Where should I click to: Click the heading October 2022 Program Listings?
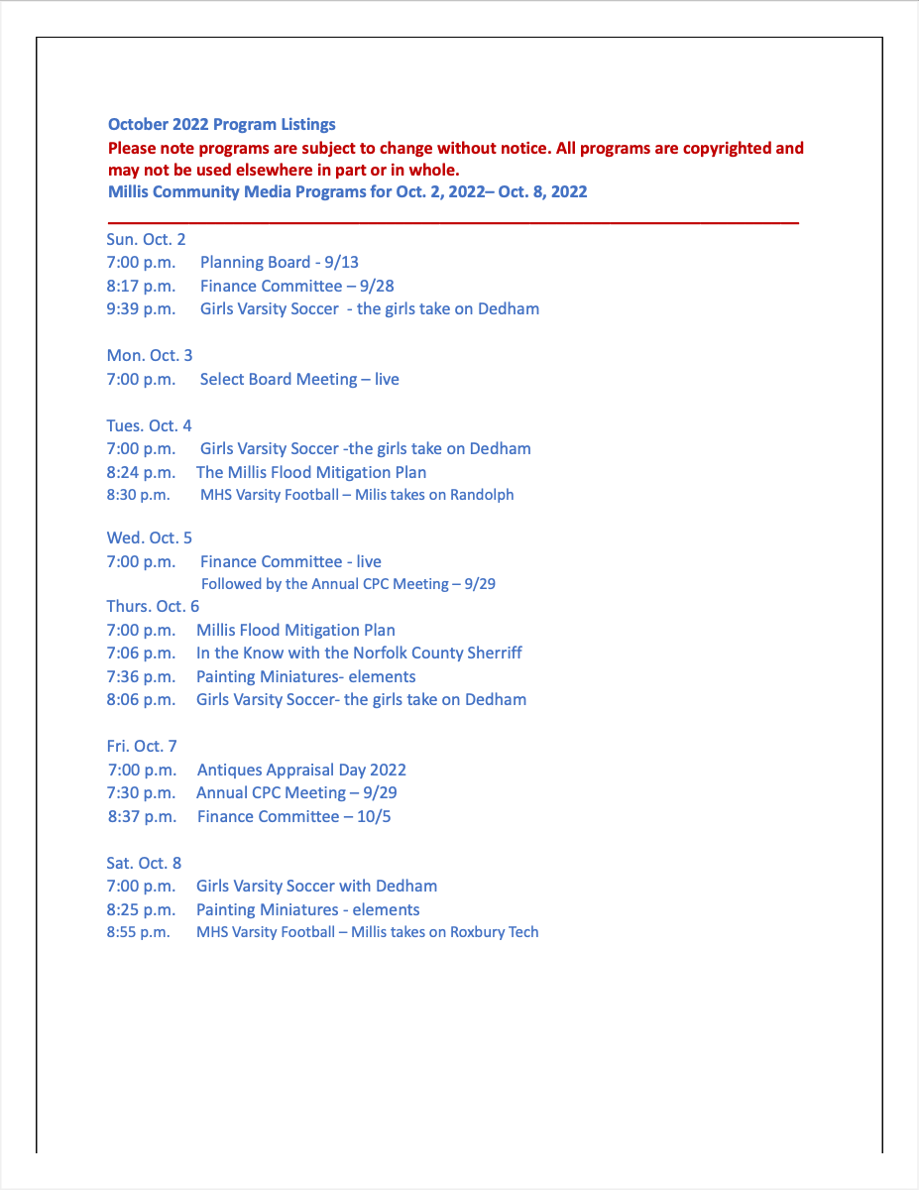click(221, 125)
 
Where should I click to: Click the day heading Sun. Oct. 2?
click(146, 239)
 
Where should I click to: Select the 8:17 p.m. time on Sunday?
click(141, 286)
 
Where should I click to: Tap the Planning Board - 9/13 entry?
click(279, 263)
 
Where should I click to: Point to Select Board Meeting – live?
click(299, 379)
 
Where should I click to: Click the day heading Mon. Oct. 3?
click(150, 355)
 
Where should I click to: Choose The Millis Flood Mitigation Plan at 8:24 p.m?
click(311, 473)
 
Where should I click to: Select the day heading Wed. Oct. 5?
click(150, 537)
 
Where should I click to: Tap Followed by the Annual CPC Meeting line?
click(348, 584)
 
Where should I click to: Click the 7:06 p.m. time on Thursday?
click(141, 654)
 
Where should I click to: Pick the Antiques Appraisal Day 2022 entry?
click(301, 770)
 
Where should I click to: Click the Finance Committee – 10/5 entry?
click(282, 817)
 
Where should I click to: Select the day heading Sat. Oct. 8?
click(144, 863)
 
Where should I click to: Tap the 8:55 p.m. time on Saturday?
click(138, 932)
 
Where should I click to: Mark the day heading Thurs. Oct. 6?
click(153, 607)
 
